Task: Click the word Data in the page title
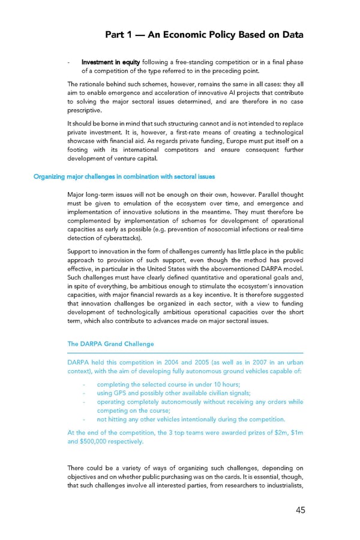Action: (x=289, y=34)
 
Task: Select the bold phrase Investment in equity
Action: (x=107, y=62)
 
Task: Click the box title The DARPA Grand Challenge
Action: (x=110, y=344)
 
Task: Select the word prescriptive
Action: (x=85, y=110)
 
